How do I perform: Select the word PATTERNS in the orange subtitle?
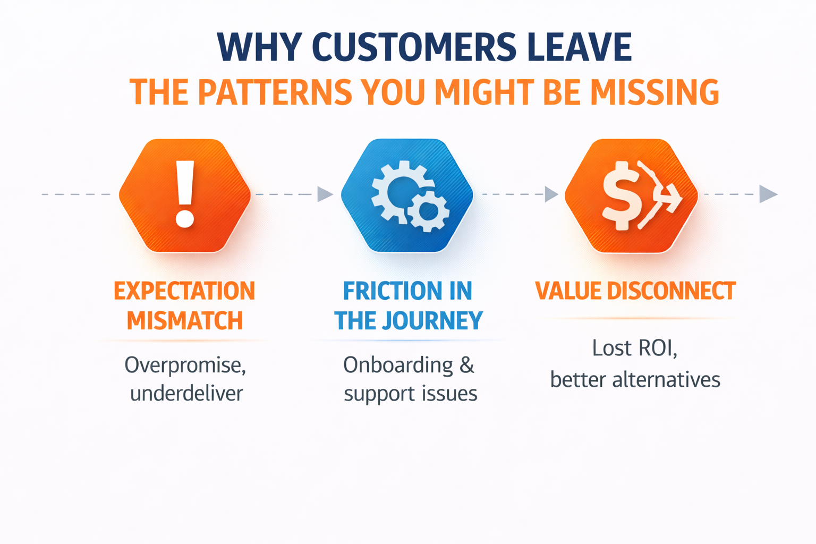(x=274, y=92)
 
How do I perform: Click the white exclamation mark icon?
(x=185, y=194)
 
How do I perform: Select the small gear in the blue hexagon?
(x=428, y=211)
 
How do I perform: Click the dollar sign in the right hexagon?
(x=620, y=195)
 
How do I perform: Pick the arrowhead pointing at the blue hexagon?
(x=324, y=194)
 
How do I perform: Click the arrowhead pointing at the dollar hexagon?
(x=551, y=194)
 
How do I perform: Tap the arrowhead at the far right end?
(x=768, y=194)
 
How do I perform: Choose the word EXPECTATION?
(x=184, y=291)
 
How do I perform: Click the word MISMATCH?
(x=184, y=321)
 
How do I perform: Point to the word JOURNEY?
(x=438, y=321)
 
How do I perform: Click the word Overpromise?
(x=185, y=365)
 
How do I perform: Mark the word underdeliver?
(x=186, y=394)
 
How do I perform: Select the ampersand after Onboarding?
(x=466, y=365)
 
